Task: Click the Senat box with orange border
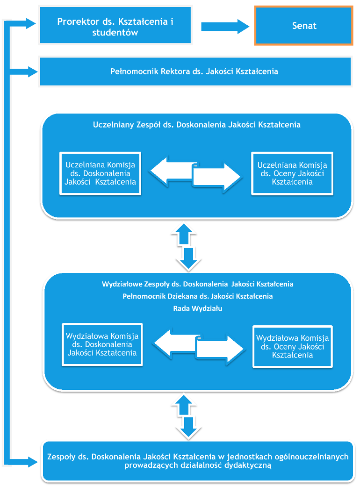coord(303,26)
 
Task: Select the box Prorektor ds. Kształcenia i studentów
coord(115,25)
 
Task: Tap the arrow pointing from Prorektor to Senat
coord(225,26)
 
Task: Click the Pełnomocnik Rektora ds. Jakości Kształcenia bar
coord(195,72)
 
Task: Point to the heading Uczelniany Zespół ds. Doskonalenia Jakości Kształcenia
coord(197,125)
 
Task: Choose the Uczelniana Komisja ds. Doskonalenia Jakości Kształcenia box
coord(101,173)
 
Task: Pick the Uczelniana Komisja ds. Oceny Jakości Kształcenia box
coord(292,173)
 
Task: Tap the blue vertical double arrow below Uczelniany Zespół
coord(187,247)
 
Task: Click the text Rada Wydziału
coord(198,308)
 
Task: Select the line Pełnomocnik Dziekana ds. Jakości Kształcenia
coord(198,296)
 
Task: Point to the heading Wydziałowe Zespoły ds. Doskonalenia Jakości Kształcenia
coord(198,284)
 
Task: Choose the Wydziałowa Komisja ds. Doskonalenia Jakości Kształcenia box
coord(102,344)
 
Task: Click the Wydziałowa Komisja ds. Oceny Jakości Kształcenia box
coord(292,347)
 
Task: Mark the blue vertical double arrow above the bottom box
coord(187,417)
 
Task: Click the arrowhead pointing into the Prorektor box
coord(31,24)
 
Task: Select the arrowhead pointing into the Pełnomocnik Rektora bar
coord(33,72)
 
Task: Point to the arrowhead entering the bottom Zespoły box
coord(33,462)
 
